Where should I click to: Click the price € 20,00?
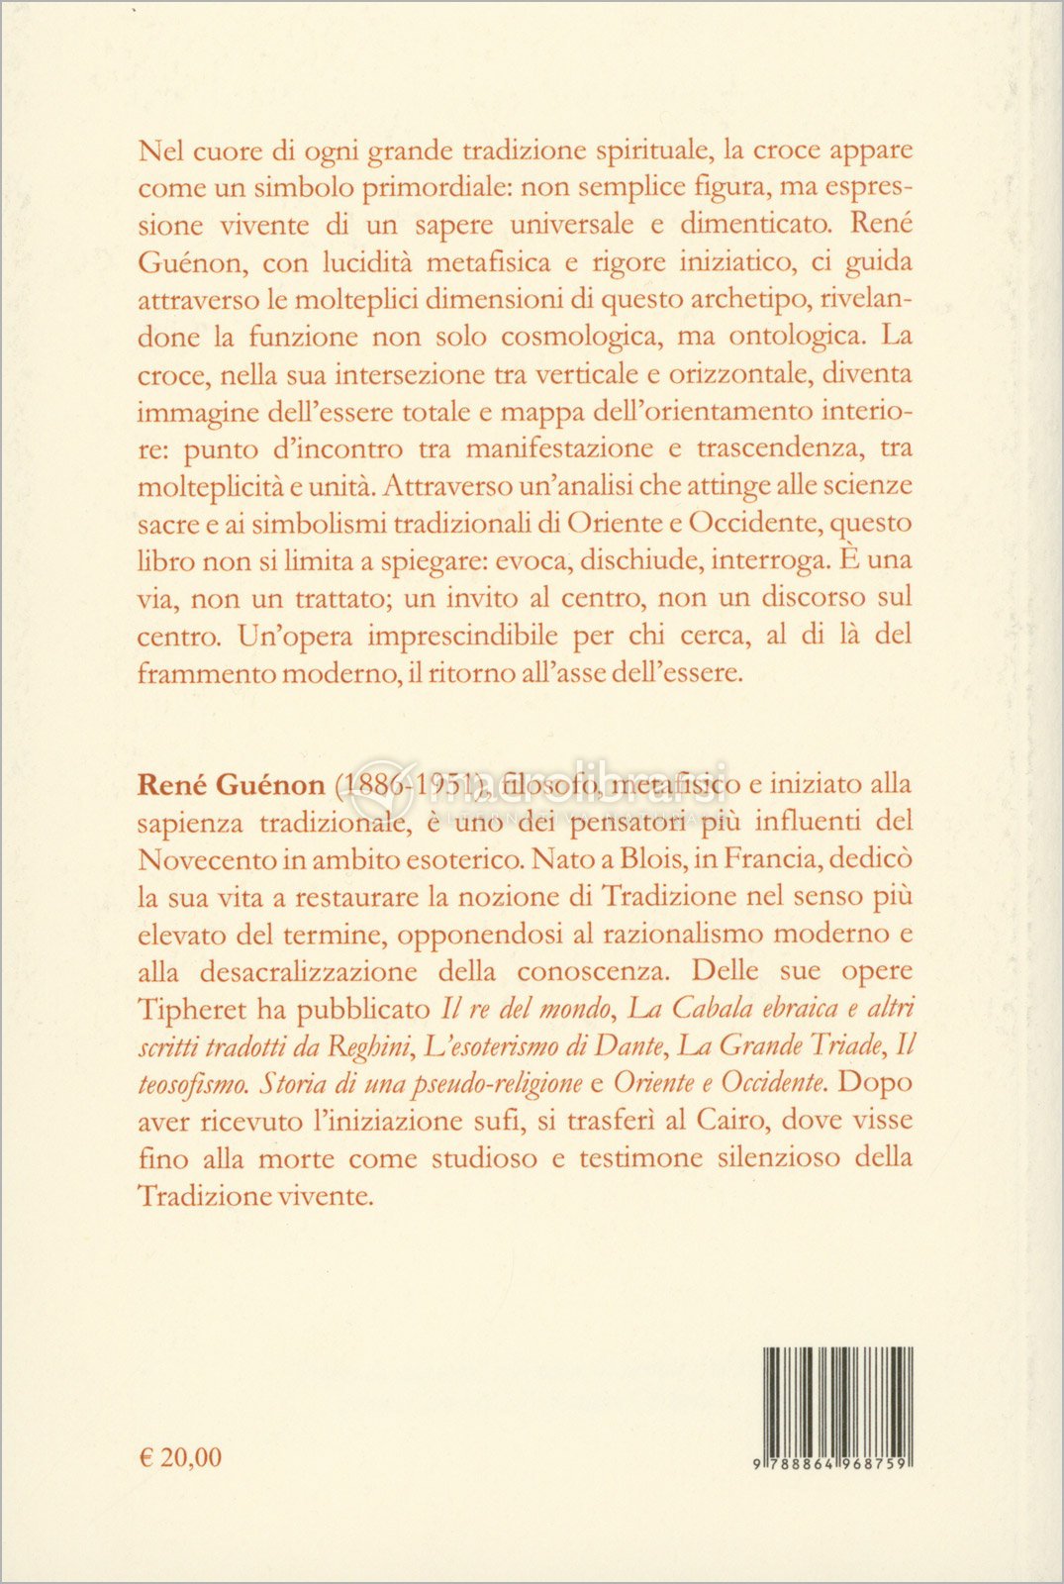(180, 1457)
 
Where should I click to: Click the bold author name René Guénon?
(232, 784)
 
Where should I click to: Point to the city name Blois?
(650, 858)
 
